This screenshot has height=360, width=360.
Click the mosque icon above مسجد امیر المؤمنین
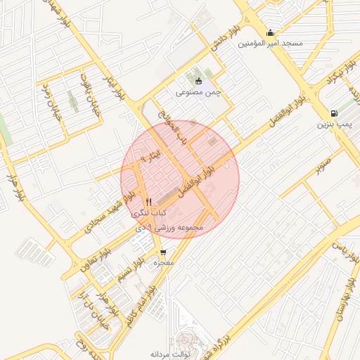coord(271,32)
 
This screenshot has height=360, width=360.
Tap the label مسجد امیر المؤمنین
coord(271,44)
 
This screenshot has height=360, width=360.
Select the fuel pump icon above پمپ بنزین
coord(333,113)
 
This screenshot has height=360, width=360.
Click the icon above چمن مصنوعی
coord(198,80)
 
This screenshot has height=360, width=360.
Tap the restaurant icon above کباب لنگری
coord(148,201)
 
